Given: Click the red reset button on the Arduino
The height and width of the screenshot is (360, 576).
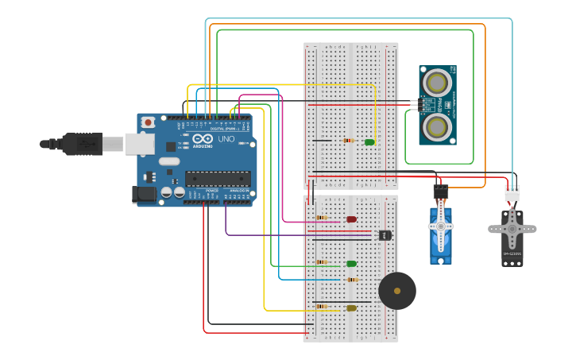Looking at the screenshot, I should pyautogui.click(x=149, y=122).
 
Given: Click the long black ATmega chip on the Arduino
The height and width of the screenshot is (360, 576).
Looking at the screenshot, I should pyautogui.click(x=217, y=179).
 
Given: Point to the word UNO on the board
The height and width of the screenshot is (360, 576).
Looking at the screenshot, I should pyautogui.click(x=226, y=139).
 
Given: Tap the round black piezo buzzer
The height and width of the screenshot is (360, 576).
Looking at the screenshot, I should pyautogui.click(x=397, y=291).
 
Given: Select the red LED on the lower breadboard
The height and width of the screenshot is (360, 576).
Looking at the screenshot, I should pyautogui.click(x=351, y=219).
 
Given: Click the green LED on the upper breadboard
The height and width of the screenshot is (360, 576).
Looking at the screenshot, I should pyautogui.click(x=369, y=142).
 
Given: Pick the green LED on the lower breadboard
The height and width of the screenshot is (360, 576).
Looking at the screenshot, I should pyautogui.click(x=351, y=264).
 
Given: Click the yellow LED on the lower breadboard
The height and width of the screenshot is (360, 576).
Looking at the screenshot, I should pyautogui.click(x=351, y=308).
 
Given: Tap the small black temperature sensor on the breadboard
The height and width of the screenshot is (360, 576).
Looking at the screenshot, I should pyautogui.click(x=385, y=235).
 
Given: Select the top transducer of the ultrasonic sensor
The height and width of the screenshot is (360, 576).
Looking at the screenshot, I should pyautogui.click(x=437, y=83).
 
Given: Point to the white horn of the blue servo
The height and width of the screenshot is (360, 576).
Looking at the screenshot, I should pyautogui.click(x=441, y=227).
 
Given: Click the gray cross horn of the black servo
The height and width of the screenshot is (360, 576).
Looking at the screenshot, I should pyautogui.click(x=512, y=230).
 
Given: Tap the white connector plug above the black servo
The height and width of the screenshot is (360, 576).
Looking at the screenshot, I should pyautogui.click(x=512, y=193).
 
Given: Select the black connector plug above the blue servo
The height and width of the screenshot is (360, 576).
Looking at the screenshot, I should pyautogui.click(x=440, y=192).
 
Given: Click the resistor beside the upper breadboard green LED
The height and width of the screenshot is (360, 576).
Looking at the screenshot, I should pyautogui.click(x=348, y=141).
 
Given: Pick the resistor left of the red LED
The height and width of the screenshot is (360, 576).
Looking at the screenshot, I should pyautogui.click(x=322, y=217).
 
